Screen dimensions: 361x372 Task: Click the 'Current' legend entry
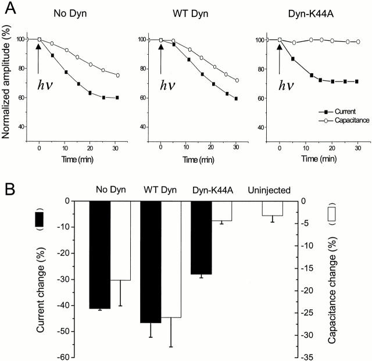[335, 110]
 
